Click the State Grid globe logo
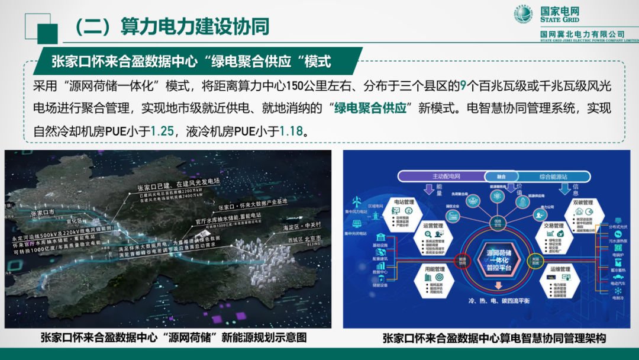[x=522, y=15]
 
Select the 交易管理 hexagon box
[x=556, y=234]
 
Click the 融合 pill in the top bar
[x=499, y=176]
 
